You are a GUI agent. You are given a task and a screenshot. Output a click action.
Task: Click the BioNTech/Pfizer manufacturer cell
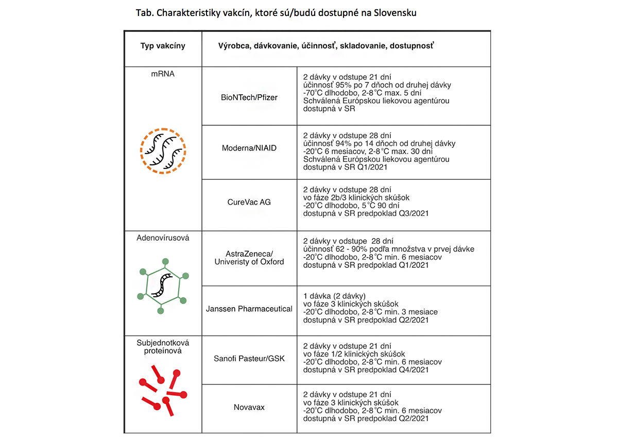(249, 97)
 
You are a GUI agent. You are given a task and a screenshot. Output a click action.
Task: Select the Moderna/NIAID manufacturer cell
(249, 148)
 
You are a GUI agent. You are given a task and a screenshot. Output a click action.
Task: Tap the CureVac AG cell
(249, 202)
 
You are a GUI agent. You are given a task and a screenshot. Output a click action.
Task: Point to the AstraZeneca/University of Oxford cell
(249, 258)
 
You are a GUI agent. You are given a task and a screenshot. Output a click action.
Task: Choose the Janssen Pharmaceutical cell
(249, 309)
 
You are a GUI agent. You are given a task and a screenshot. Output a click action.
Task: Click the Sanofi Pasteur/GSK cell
(249, 358)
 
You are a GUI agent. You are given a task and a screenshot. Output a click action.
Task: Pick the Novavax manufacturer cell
(249, 407)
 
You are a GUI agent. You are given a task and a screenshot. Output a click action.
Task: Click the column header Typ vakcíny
(163, 46)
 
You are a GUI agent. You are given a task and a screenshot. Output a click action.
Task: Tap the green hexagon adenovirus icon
(163, 284)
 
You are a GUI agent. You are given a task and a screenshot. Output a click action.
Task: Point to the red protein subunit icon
(163, 388)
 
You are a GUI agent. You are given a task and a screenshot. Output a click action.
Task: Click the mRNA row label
(163, 74)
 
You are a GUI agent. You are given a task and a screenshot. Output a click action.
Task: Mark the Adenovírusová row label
(163, 238)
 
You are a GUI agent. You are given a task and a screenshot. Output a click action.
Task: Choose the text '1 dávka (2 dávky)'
(334, 296)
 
